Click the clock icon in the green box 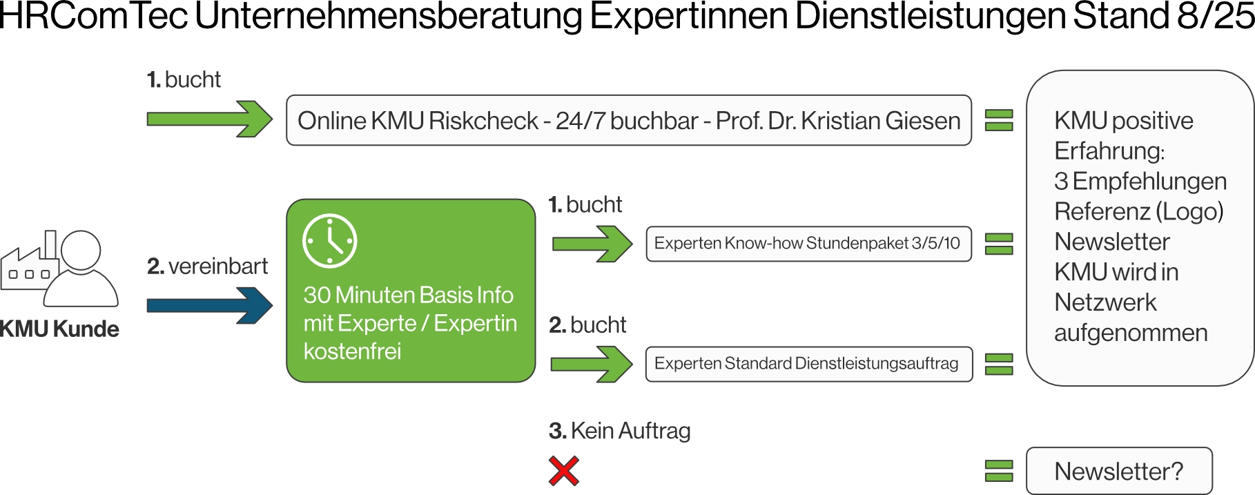(329, 241)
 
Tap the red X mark (563, 471)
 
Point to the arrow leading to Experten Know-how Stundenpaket (592, 243)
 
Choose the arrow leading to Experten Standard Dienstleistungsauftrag (591, 363)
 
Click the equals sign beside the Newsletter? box (999, 471)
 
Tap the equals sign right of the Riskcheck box (999, 120)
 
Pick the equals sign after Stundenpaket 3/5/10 (999, 243)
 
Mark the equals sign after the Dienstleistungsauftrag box (999, 363)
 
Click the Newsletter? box (1119, 471)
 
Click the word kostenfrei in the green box (352, 351)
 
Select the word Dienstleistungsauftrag (877, 363)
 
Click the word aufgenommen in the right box (1131, 333)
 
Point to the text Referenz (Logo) (1139, 211)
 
